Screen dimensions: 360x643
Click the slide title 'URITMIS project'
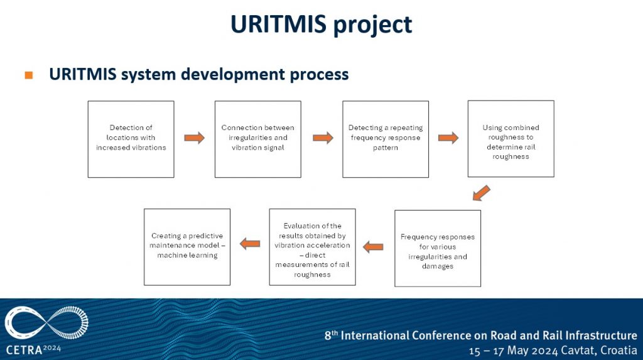point(321,24)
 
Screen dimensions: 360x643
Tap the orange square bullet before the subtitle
point(28,75)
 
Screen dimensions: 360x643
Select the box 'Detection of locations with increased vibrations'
point(131,139)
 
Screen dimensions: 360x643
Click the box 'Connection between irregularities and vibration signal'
point(257,139)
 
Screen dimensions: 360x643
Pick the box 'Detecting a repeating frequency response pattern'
point(385,139)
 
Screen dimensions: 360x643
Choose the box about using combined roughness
point(511,138)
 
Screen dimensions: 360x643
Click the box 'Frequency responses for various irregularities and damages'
point(438,248)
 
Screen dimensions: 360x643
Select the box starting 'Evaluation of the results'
point(312,247)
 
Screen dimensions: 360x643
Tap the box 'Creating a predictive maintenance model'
point(186,246)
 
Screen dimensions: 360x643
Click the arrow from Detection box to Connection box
point(195,138)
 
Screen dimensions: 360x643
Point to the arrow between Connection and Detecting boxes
point(323,138)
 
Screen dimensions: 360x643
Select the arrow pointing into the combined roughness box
point(448,138)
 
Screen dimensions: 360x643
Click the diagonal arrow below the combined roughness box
point(480,193)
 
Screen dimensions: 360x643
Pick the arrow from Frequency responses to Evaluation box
point(373,246)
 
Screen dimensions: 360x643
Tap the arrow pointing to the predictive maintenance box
point(250,244)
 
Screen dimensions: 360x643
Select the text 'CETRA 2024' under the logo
point(33,349)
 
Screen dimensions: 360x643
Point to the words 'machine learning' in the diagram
point(187,255)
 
